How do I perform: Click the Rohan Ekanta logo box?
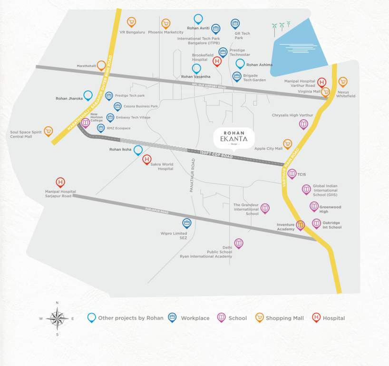point(233,138)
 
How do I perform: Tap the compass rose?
point(57,318)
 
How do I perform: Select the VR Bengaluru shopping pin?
point(131,22)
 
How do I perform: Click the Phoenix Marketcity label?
point(165,33)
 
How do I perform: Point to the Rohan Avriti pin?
point(198,19)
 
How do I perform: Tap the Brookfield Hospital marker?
point(217,61)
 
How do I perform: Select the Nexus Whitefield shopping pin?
point(342,81)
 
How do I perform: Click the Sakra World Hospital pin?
point(147,159)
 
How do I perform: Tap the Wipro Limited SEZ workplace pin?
point(187,223)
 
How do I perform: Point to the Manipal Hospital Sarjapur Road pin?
point(60,182)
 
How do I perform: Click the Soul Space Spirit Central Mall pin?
point(48,131)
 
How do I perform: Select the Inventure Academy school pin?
point(300,224)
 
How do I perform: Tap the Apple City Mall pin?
point(287,143)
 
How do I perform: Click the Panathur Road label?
point(193,171)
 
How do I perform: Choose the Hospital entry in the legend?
point(328,318)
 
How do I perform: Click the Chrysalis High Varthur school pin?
point(303,124)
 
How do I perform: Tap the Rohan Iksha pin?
point(138,150)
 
